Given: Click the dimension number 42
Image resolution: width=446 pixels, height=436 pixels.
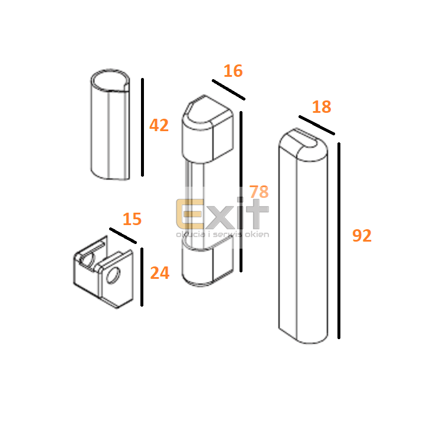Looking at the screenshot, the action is click(x=159, y=125).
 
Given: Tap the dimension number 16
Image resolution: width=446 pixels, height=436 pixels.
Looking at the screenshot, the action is click(x=233, y=71).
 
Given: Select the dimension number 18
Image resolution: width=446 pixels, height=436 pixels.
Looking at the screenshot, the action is click(x=322, y=107).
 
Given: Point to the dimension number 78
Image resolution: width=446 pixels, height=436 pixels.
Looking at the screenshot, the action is click(x=259, y=191).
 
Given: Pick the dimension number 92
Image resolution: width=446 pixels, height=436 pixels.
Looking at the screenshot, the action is click(x=362, y=236).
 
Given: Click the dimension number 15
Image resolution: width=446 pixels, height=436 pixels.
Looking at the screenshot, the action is click(x=132, y=219).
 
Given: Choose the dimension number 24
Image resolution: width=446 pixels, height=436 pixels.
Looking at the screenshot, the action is click(x=159, y=273).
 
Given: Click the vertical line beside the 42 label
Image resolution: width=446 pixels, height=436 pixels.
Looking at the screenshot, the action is click(x=143, y=127).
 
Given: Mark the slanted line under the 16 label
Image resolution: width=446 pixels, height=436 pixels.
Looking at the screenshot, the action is click(x=228, y=90).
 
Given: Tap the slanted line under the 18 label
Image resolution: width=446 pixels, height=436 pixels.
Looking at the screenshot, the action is click(x=317, y=125).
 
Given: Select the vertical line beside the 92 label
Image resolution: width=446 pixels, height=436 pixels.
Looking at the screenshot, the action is click(x=339, y=240).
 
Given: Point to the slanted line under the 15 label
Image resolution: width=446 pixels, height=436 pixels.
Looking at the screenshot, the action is click(x=123, y=236).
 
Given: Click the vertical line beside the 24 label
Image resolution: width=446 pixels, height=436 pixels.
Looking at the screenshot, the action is click(x=142, y=277).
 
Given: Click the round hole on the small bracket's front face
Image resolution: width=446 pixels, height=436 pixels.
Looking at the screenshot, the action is click(x=113, y=275).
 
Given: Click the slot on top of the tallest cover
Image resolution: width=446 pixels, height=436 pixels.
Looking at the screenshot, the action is click(x=306, y=138).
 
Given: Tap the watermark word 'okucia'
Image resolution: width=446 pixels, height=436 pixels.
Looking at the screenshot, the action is click(x=191, y=235).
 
